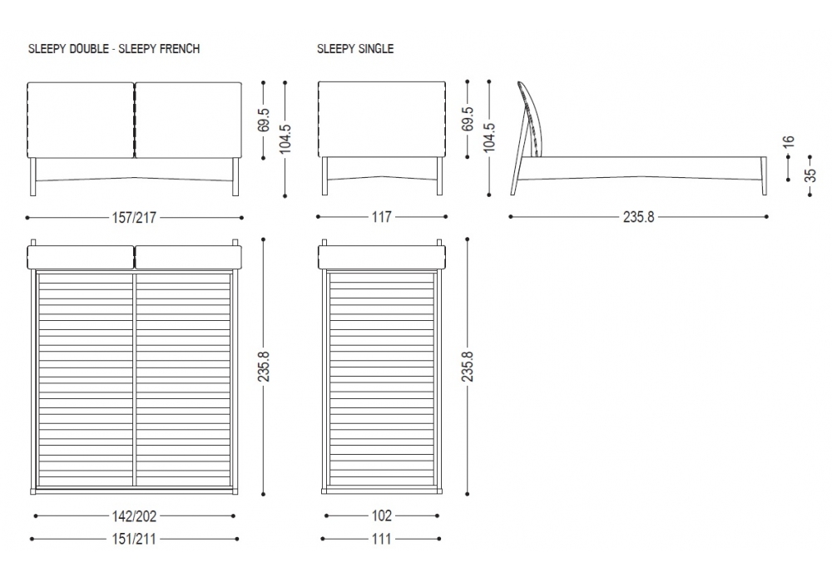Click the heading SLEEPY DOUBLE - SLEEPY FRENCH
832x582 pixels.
pos(114,49)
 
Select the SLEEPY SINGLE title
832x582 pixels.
pos(355,49)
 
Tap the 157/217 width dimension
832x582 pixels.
pos(134,217)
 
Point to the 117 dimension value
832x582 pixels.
pos(382,217)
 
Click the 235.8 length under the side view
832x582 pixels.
pos(639,217)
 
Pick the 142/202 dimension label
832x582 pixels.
pos(134,515)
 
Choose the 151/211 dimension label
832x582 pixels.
pos(134,539)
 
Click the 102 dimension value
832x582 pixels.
pos(382,515)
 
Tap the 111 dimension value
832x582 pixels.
pos(382,539)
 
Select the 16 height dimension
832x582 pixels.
pos(789,141)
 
